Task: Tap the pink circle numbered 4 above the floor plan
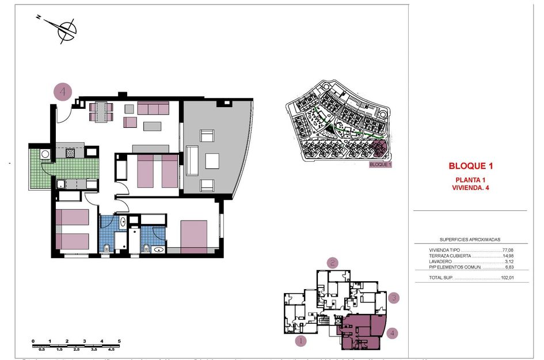pyautogui.click(x=63, y=91)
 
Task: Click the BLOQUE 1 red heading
pyautogui.click(x=471, y=166)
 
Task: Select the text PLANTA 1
pyautogui.click(x=471, y=180)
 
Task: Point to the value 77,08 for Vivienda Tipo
pyautogui.click(x=507, y=250)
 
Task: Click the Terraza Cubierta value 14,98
pyautogui.click(x=507, y=256)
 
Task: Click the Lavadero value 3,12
pyautogui.click(x=508, y=262)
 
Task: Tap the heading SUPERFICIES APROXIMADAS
pyautogui.click(x=470, y=240)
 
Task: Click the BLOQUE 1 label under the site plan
pyautogui.click(x=380, y=165)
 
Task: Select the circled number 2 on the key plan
pyautogui.click(x=332, y=263)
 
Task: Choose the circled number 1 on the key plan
pyautogui.click(x=300, y=340)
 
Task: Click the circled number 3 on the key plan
pyautogui.click(x=393, y=298)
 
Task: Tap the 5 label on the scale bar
pyautogui.click(x=119, y=342)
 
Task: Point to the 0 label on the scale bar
pyautogui.click(x=33, y=342)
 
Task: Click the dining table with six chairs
pyautogui.click(x=101, y=112)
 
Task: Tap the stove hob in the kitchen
pyautogui.click(x=70, y=153)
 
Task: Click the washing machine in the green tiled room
pyautogui.click(x=44, y=154)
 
